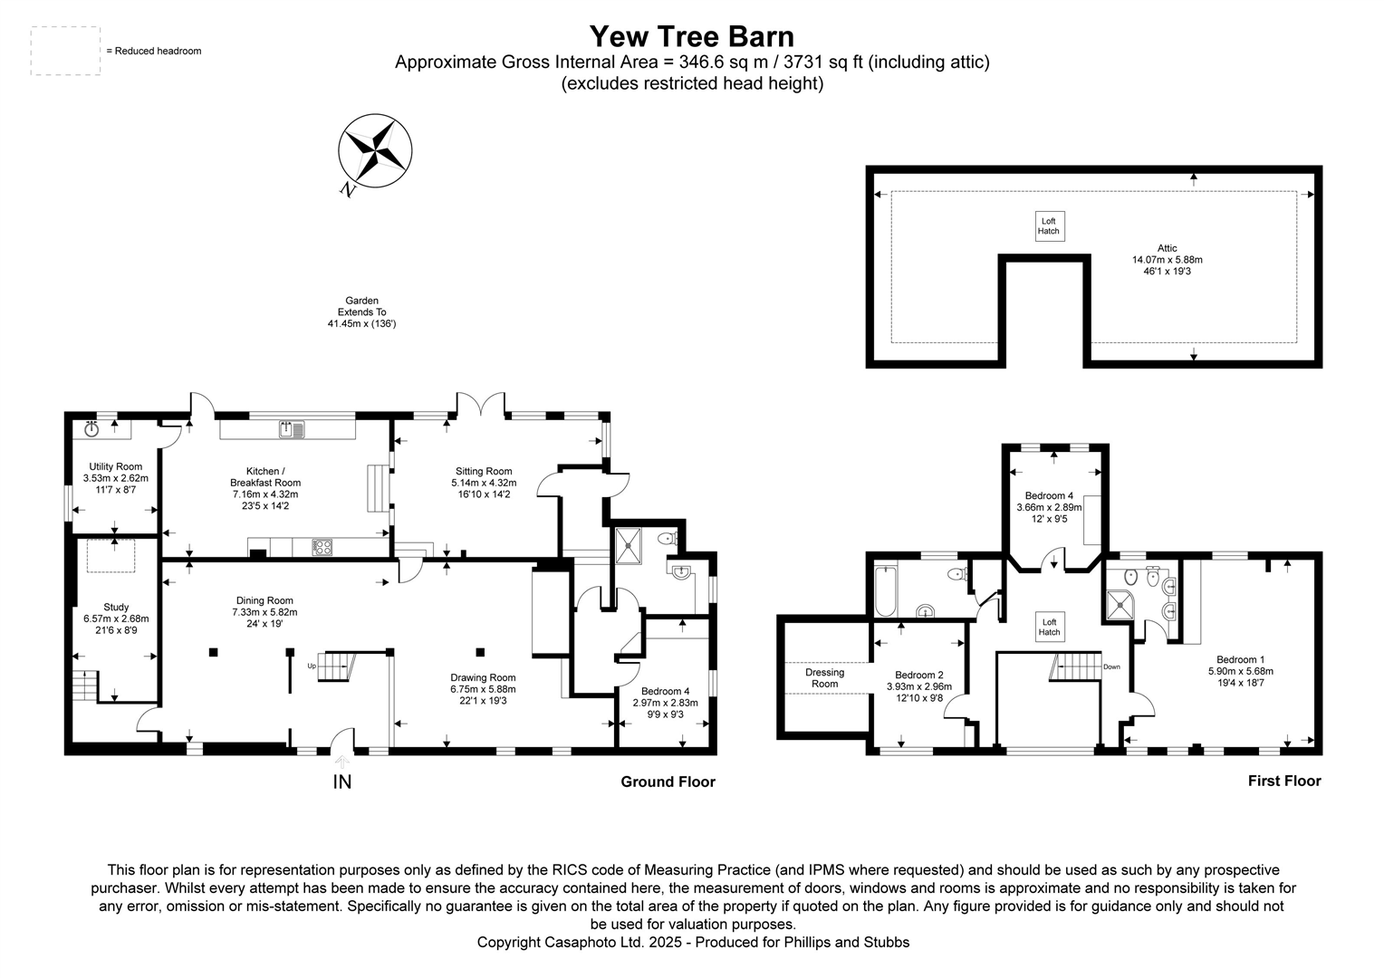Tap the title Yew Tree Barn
pyautogui.click(x=691, y=36)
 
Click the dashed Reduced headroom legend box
pyautogui.click(x=65, y=51)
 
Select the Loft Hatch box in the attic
pyautogui.click(x=1049, y=226)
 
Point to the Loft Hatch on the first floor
pyautogui.click(x=1049, y=627)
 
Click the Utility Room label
pyautogui.click(x=115, y=466)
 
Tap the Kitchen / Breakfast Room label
pyautogui.click(x=264, y=477)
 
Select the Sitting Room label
pyautogui.click(x=484, y=471)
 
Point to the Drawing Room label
pyautogui.click(x=483, y=677)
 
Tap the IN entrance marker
pyautogui.click(x=342, y=781)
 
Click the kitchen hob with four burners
pyautogui.click(x=322, y=546)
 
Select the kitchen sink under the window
pyautogui.click(x=292, y=428)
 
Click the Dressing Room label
pyautogui.click(x=824, y=678)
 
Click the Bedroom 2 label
pyautogui.click(x=918, y=675)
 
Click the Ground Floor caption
pyautogui.click(x=668, y=781)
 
